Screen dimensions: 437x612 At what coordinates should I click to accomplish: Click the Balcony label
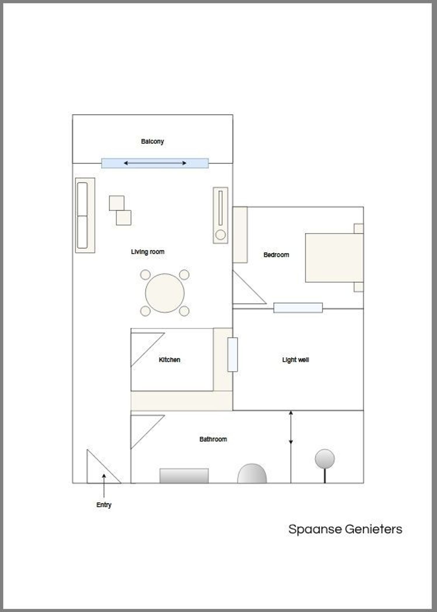click(152, 141)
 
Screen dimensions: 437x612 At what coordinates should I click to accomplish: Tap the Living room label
click(148, 252)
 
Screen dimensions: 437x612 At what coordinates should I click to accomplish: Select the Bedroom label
click(276, 255)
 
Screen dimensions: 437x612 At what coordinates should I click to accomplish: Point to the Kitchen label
click(170, 360)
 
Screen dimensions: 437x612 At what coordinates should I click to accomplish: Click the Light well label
click(295, 360)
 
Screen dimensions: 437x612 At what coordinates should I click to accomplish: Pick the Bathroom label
click(213, 439)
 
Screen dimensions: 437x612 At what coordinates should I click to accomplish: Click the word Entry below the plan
click(104, 505)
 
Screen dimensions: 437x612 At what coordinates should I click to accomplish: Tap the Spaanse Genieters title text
click(345, 529)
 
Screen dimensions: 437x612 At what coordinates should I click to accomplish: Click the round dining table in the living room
click(165, 293)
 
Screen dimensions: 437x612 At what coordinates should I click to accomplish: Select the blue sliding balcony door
click(155, 163)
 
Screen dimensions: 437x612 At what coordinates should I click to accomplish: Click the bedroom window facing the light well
click(298, 308)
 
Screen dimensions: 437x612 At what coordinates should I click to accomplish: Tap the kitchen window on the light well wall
click(232, 355)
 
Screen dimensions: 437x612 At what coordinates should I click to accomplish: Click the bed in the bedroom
click(334, 258)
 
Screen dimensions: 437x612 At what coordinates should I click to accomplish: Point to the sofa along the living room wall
click(85, 215)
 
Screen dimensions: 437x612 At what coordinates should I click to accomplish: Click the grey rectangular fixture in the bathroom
click(184, 476)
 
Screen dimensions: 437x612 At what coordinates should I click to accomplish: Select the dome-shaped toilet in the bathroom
click(252, 474)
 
